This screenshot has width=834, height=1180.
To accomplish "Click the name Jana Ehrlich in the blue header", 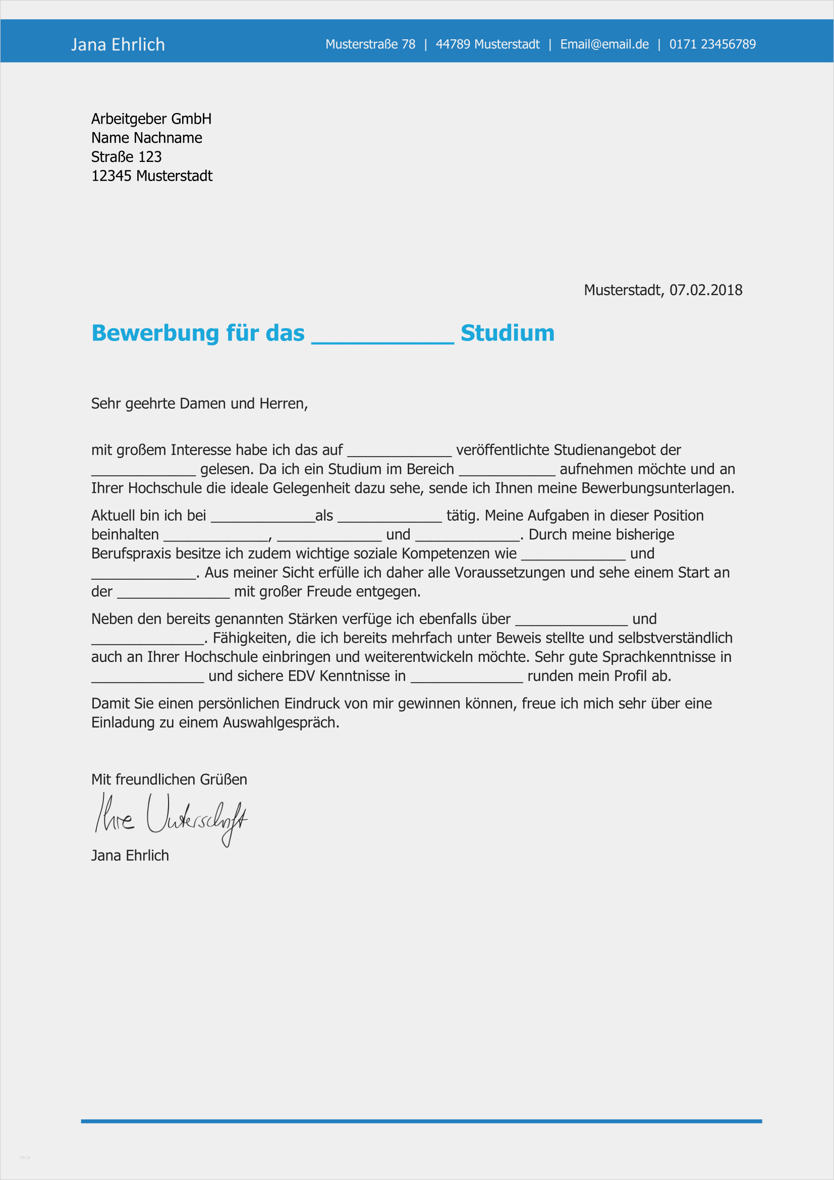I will tap(118, 45).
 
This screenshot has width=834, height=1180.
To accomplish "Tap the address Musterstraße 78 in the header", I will tap(370, 45).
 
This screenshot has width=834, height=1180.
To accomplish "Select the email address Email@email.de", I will tap(604, 45).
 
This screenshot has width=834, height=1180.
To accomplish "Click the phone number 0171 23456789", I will tap(712, 45).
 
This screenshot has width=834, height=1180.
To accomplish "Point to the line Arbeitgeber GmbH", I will tap(151, 119).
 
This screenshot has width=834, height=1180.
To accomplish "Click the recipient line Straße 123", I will tap(127, 157).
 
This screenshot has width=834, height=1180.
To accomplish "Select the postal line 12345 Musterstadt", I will tap(151, 176).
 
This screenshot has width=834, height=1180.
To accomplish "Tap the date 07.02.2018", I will tap(705, 291).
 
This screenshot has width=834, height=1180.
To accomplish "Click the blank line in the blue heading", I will tap(382, 339).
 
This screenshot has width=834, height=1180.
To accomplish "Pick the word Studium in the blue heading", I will tap(507, 333).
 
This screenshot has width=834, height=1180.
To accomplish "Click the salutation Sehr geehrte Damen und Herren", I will tap(199, 404).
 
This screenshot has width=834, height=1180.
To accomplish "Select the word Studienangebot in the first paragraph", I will tap(604, 450).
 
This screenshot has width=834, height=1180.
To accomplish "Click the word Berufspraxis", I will tap(131, 554).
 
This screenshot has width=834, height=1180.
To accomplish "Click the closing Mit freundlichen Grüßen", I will tap(169, 779).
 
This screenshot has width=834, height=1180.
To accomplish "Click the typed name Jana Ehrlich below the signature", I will tap(130, 856).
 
